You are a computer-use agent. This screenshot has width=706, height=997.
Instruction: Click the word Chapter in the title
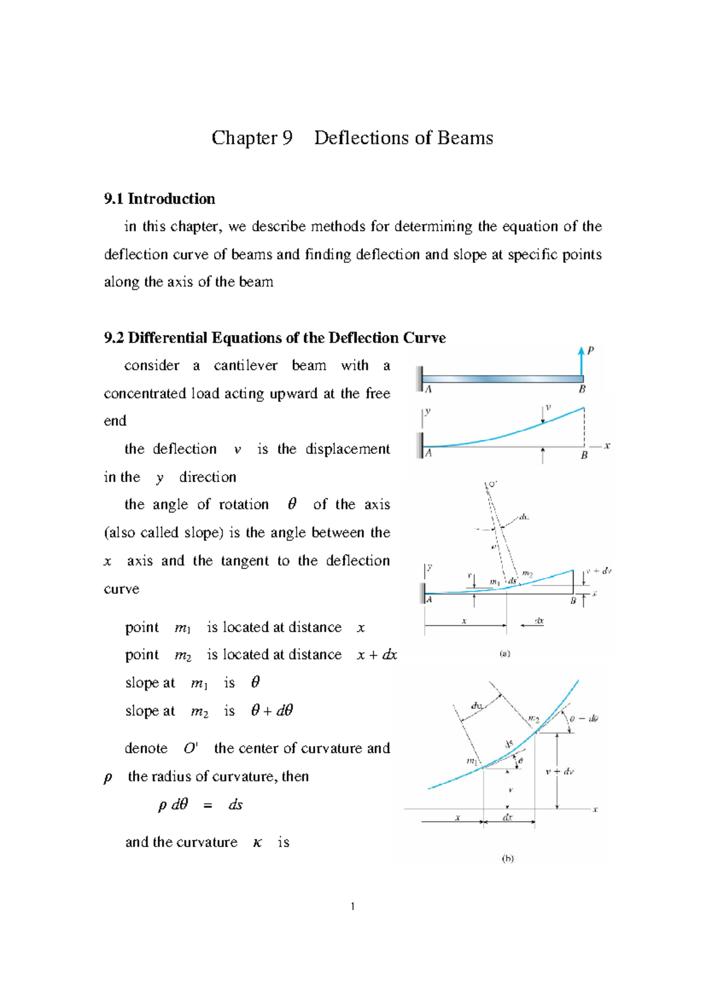(x=244, y=138)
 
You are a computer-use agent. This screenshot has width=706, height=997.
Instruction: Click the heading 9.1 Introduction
(x=159, y=199)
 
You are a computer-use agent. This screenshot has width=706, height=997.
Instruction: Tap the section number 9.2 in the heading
(x=114, y=338)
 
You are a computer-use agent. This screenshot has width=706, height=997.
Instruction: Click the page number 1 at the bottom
(x=352, y=906)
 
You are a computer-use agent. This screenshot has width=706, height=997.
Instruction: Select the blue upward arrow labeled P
(x=581, y=361)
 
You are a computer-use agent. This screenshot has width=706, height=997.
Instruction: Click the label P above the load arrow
(x=591, y=350)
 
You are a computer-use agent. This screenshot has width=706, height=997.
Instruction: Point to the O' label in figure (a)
(x=492, y=484)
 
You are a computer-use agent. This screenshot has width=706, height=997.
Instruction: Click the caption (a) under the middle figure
(x=505, y=653)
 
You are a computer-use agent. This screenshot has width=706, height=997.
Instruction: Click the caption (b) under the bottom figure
(x=507, y=858)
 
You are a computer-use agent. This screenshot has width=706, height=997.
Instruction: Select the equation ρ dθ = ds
(x=200, y=805)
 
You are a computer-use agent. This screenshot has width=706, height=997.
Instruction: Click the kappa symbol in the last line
(x=257, y=842)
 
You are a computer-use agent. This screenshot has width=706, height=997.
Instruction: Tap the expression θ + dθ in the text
(x=272, y=711)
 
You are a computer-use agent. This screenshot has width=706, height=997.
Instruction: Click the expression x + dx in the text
(x=377, y=655)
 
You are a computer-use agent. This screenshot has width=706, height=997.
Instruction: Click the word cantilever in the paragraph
(x=245, y=366)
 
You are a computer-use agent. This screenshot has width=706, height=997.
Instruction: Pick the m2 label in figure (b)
(x=534, y=718)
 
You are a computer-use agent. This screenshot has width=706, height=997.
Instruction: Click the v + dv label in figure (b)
(x=560, y=771)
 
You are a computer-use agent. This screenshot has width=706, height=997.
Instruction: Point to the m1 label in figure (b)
(x=472, y=761)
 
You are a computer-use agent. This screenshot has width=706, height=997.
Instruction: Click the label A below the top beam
(x=428, y=389)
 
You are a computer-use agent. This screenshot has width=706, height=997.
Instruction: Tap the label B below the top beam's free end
(x=582, y=389)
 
